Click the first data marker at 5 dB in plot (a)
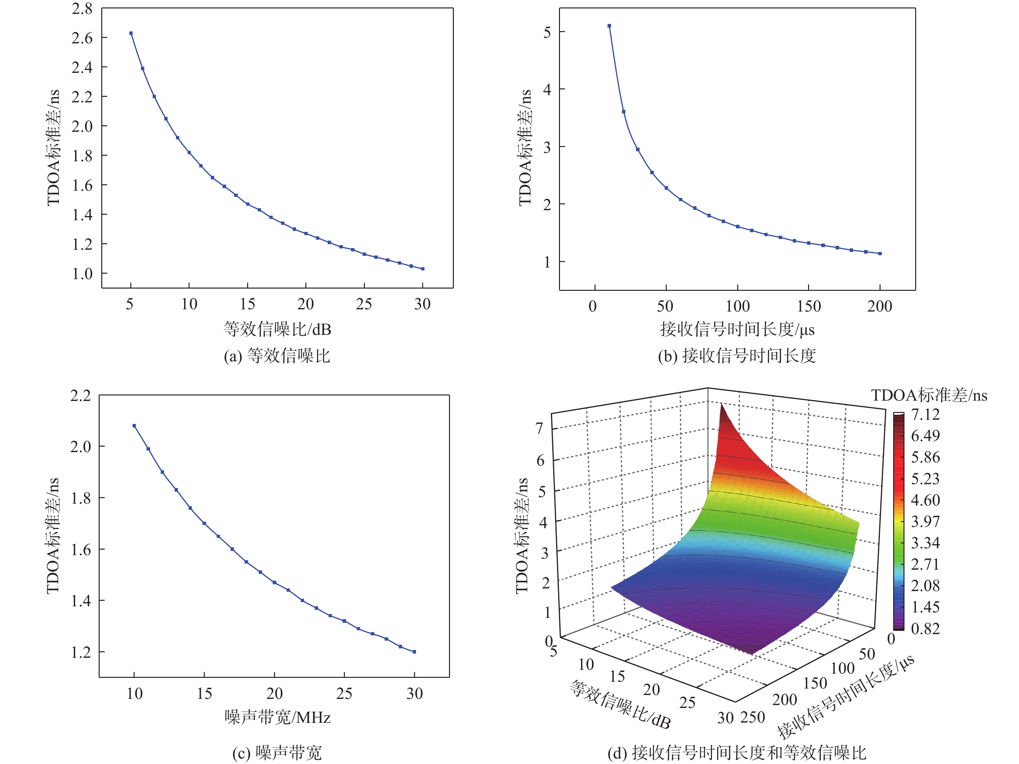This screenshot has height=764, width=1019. (x=131, y=33)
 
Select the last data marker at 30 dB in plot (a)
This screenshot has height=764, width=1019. (x=423, y=269)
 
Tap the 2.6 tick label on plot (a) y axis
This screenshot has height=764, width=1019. (x=82, y=38)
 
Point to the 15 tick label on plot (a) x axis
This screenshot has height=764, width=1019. (x=247, y=304)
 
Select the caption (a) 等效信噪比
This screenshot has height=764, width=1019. (x=277, y=356)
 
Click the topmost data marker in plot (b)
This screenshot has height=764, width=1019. (x=609, y=26)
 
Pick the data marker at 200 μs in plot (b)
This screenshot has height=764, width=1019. (x=880, y=254)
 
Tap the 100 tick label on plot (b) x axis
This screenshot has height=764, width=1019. (x=738, y=306)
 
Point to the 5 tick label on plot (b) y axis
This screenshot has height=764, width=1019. (x=547, y=32)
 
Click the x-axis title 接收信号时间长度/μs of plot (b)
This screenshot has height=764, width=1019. (x=737, y=329)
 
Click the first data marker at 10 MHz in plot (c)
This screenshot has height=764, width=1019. (x=134, y=426)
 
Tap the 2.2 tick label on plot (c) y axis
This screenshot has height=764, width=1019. (x=81, y=395)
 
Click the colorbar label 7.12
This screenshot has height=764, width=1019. (x=925, y=415)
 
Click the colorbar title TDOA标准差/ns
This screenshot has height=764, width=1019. (x=929, y=395)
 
